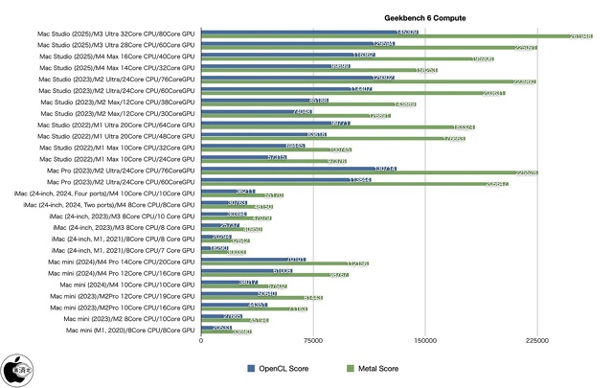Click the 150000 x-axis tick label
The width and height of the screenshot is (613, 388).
click(x=425, y=340)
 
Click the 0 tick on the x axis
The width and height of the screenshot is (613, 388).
click(x=201, y=340)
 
